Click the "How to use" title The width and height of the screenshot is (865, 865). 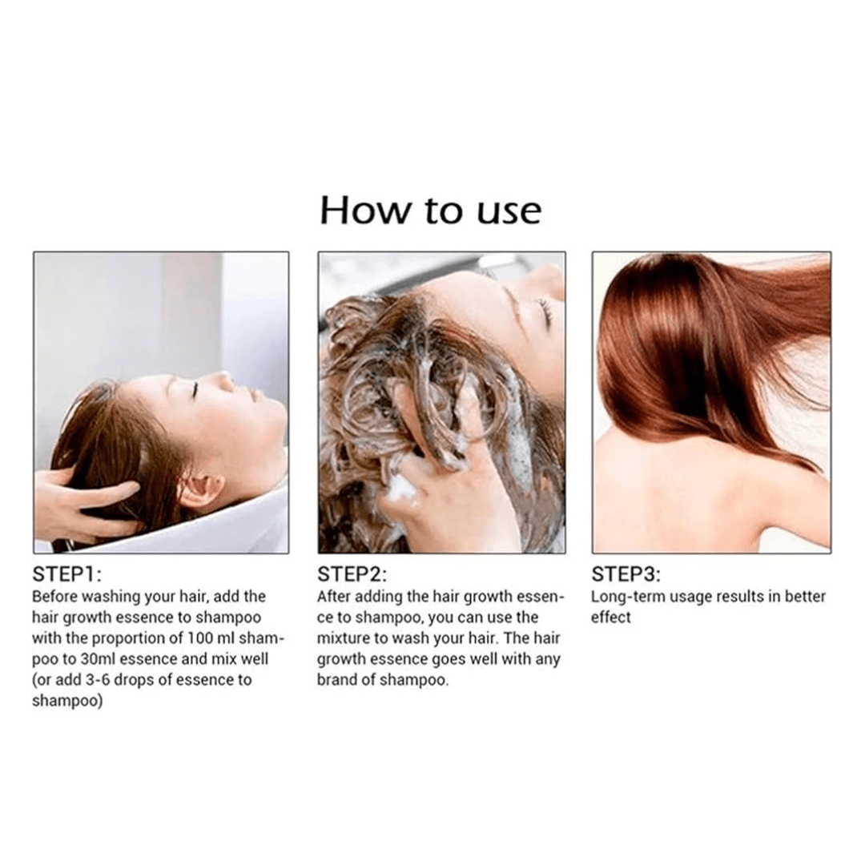pos(430,210)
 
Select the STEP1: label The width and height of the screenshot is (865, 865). pos(66,574)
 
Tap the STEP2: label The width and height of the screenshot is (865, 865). pos(352,574)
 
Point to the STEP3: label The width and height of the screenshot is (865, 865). pos(626,574)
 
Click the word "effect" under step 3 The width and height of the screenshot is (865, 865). pos(610,618)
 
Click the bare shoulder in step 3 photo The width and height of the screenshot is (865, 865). pos(772,497)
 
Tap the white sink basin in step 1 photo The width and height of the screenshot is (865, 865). pos(221,524)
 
